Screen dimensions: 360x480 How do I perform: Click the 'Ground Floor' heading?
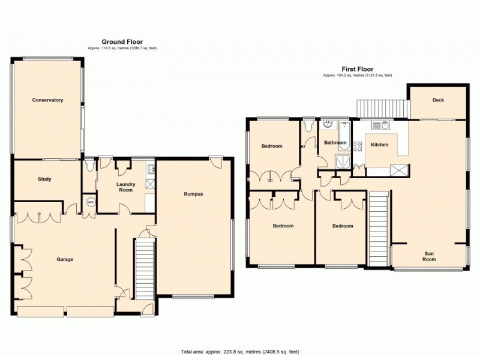click(122, 41)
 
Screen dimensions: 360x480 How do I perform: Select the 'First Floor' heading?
click(358, 69)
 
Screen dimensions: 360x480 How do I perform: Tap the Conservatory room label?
click(47, 100)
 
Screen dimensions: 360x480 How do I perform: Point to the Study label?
click(44, 179)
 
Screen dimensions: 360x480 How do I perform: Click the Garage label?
click(65, 259)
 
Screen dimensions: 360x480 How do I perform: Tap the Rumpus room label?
click(193, 194)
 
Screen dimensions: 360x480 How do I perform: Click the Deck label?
click(438, 100)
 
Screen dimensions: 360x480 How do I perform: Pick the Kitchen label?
click(379, 145)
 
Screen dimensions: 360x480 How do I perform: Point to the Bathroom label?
click(335, 143)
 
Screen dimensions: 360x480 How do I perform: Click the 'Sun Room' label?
click(429, 256)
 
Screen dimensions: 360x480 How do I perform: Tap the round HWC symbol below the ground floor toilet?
click(91, 202)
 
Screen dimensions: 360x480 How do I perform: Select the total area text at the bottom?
click(239, 352)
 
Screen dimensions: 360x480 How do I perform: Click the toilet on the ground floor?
click(89, 163)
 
